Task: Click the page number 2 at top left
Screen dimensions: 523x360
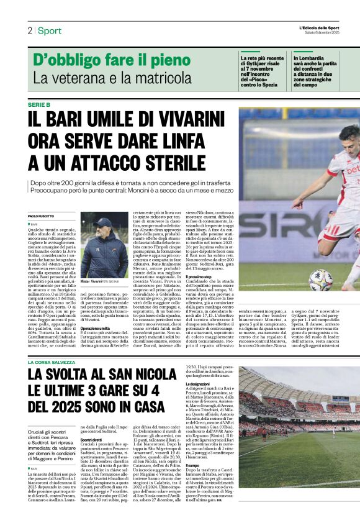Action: tap(29, 30)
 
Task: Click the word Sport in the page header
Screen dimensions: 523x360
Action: tap(49, 30)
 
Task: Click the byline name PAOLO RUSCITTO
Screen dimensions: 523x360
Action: tap(42, 215)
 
